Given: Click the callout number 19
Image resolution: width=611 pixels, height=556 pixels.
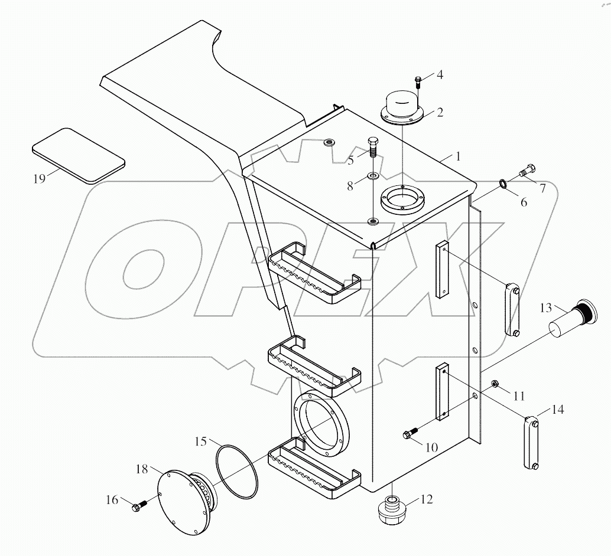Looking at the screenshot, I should [x=39, y=179].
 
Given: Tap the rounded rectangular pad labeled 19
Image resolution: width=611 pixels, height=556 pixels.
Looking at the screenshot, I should [x=78, y=155].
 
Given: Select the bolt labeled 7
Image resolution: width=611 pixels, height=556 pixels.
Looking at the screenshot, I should [x=525, y=171].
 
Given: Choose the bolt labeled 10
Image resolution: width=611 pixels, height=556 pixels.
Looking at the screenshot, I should [x=409, y=436].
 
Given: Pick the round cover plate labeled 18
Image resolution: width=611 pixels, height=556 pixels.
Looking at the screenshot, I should [x=184, y=502].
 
